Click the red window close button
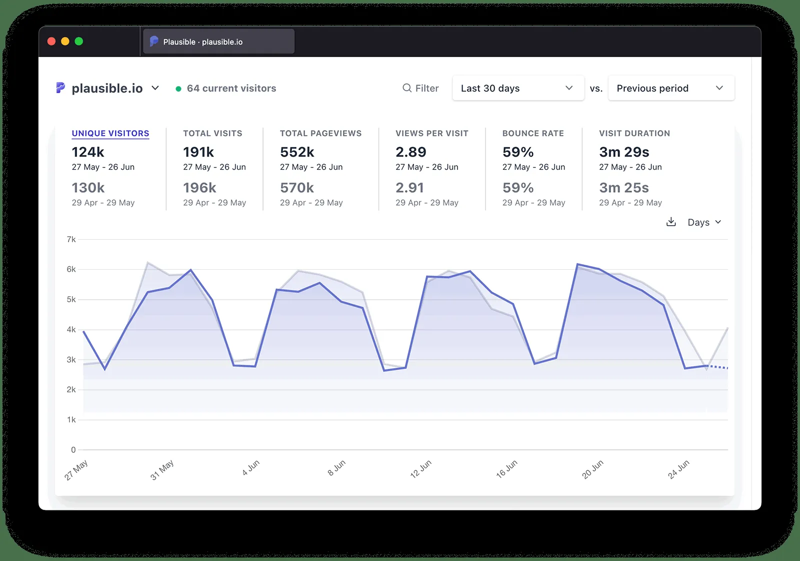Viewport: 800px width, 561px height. point(51,42)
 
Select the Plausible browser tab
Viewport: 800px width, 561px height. point(218,42)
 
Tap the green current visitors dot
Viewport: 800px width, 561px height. point(178,89)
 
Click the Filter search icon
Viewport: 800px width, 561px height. point(407,88)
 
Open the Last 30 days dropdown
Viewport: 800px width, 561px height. point(517,88)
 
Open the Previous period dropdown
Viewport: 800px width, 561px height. point(670,88)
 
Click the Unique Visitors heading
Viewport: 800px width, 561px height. point(110,134)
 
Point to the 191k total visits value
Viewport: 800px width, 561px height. point(198,152)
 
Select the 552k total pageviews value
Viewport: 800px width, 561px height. point(297,152)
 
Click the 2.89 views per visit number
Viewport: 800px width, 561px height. point(410,152)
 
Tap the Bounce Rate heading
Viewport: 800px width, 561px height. point(533,134)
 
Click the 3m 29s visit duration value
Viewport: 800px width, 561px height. point(624,152)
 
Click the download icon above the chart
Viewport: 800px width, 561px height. point(671,222)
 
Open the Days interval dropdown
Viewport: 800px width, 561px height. point(704,222)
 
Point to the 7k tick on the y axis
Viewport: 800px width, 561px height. point(71,240)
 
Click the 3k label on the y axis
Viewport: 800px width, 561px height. point(71,360)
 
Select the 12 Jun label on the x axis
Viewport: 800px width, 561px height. point(420,469)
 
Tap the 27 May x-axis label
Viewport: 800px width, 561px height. point(76,470)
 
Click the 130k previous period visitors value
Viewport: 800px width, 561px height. point(88,188)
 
